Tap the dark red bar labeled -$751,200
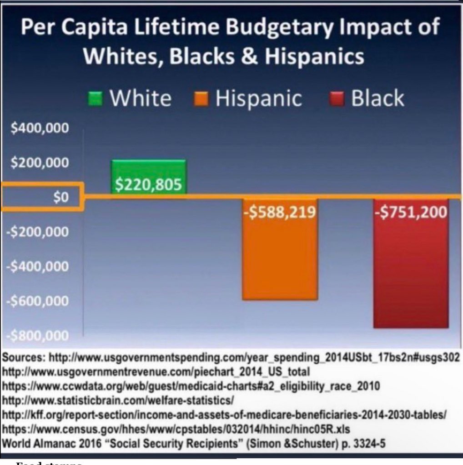pos(411,263)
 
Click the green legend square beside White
pos(96,99)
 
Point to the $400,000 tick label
pos(40,129)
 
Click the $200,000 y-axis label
pos(40,163)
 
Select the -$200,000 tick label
pos(38,232)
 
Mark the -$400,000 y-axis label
pos(38,267)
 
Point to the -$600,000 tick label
pos(38,301)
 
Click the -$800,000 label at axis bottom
pos(38,336)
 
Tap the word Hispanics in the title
pos(314,57)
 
